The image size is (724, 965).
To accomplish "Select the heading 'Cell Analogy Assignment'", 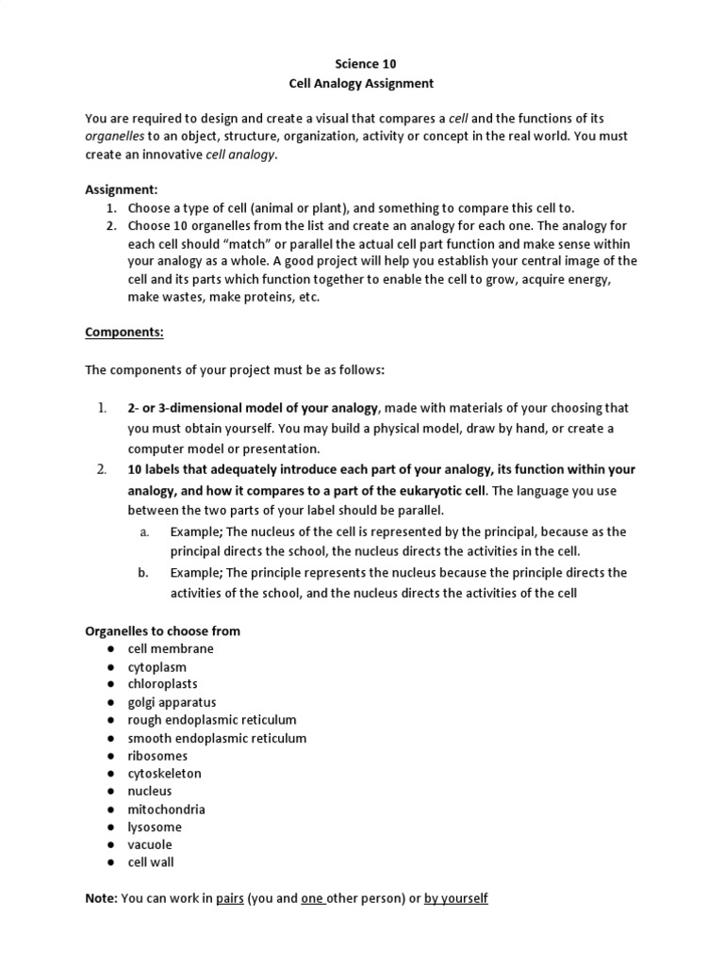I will (x=361, y=84).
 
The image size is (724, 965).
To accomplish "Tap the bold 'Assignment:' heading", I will (x=122, y=188).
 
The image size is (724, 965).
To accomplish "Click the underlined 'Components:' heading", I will (x=124, y=333).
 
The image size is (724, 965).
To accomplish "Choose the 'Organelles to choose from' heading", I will (x=163, y=631).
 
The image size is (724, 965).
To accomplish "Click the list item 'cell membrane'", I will (x=171, y=648).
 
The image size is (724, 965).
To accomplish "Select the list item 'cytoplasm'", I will (x=157, y=667).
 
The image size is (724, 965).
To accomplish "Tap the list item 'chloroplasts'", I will (x=163, y=684).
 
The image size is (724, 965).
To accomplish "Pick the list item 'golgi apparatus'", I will (x=173, y=702).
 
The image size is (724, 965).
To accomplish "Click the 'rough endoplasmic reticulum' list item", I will (x=212, y=720).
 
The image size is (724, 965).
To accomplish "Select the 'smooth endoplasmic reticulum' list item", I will (x=217, y=738).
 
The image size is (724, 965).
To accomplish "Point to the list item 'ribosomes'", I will (x=157, y=756).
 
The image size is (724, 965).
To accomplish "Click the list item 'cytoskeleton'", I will (x=165, y=774).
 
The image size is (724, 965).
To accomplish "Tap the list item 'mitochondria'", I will (x=167, y=810).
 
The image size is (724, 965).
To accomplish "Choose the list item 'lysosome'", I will (x=155, y=826).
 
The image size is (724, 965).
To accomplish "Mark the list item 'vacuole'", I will (x=150, y=844).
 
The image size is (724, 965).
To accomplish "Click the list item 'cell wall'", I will (x=151, y=862).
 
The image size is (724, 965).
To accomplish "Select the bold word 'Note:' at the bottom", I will (x=102, y=899).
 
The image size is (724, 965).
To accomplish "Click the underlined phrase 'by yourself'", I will (x=455, y=899).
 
